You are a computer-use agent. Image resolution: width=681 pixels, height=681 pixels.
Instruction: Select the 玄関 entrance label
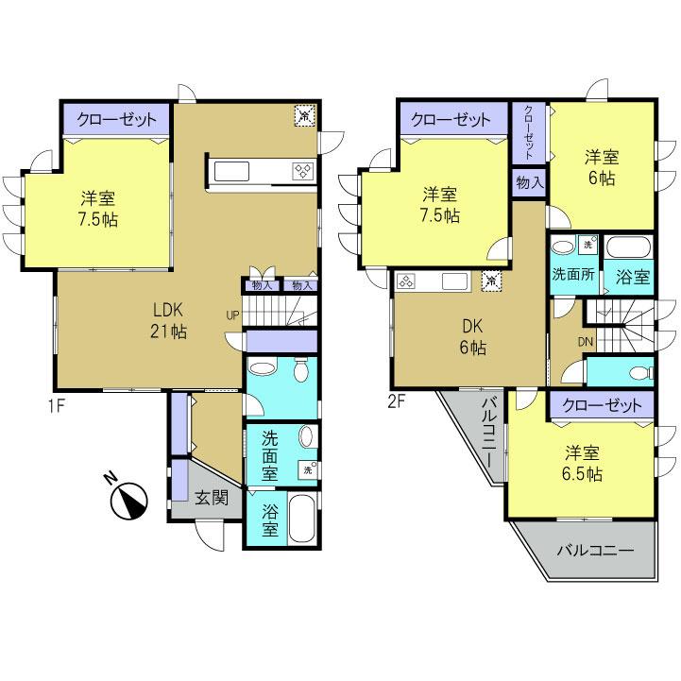pos(212,498)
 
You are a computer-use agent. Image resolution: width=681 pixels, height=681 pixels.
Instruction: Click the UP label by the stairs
pos(232,315)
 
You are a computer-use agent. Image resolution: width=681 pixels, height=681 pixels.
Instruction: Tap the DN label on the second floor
pos(559,342)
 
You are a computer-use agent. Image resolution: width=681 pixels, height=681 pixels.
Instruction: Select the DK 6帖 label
pos(473,336)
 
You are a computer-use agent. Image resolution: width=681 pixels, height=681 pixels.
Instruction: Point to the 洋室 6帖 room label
pos(602,167)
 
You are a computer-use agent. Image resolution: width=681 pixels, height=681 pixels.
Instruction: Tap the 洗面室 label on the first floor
pos(269,453)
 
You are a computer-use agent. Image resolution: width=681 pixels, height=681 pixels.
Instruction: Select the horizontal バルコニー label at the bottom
pos(593,551)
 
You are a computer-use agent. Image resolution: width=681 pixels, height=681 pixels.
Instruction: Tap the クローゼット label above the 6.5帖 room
pos(601,405)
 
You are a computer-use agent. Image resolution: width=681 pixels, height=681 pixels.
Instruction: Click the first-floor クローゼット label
pos(116,120)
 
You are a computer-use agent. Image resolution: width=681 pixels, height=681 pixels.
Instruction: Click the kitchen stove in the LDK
pos(304,171)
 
